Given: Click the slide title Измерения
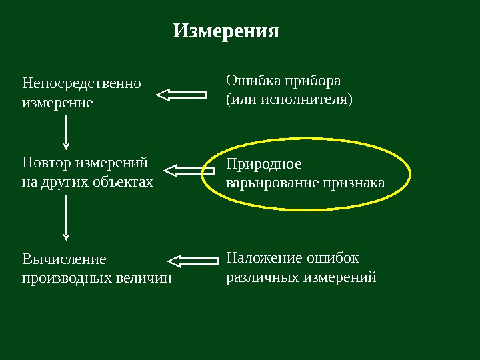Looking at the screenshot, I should coord(226,31).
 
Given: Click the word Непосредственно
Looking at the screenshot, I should coord(81,84).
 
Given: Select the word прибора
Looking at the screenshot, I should coord(313,81).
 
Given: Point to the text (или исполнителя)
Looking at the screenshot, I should coord(289,100).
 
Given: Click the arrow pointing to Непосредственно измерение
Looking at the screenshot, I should coord(181,95).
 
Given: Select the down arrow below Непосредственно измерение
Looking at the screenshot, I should coord(65,132).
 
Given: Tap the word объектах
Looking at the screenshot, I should coord(123,181).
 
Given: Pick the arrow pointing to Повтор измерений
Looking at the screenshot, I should coord(187,171).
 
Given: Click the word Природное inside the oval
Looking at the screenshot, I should coord(264,164).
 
